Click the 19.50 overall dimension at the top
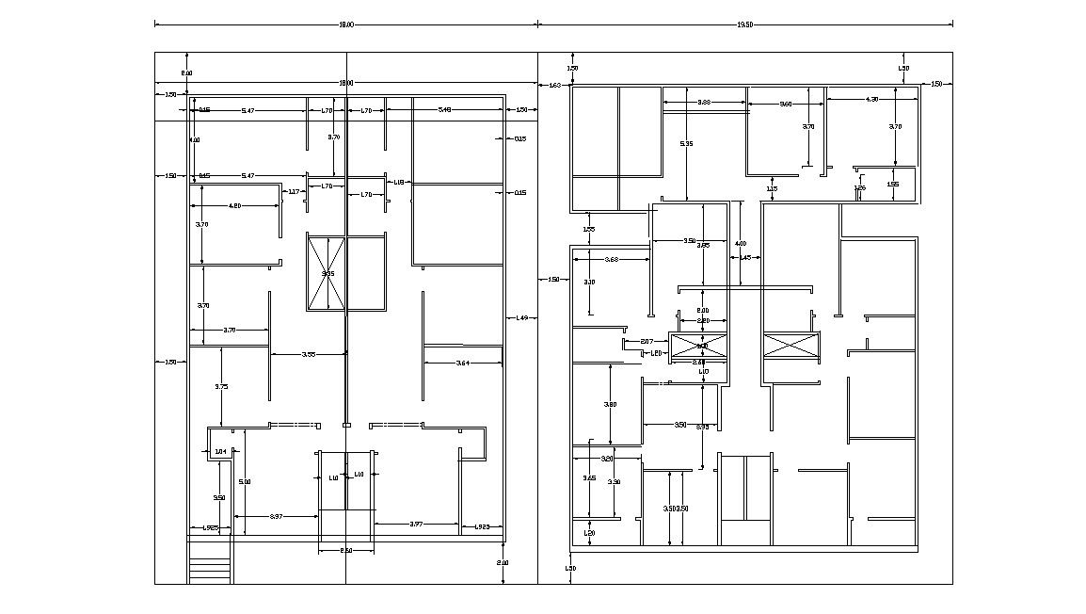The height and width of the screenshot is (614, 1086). [744, 24]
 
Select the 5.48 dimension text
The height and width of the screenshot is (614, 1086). [445, 111]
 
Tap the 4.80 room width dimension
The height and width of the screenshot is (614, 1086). [235, 205]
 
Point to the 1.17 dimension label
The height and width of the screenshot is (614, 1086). [294, 192]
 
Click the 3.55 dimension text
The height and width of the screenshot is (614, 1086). [309, 354]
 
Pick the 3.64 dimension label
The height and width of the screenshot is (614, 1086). [462, 363]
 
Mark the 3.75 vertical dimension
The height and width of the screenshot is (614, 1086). [221, 386]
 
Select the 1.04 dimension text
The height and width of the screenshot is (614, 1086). [221, 452]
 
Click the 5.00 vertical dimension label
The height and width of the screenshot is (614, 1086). [245, 481]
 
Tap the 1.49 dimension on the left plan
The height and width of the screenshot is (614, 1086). [521, 318]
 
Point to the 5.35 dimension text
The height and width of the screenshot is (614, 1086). [687, 143]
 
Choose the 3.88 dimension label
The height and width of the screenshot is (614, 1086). [704, 102]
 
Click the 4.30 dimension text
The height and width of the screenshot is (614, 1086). [871, 99]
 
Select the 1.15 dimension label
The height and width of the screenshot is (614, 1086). [772, 188]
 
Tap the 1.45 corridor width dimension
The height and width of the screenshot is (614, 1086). [744, 257]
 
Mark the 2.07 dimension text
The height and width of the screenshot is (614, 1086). [647, 341]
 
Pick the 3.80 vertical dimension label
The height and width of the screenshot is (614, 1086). [611, 404]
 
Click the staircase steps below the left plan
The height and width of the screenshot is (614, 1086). [211, 571]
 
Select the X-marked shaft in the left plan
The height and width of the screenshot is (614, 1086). [327, 272]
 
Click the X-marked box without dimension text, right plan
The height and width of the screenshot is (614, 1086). [791, 345]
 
